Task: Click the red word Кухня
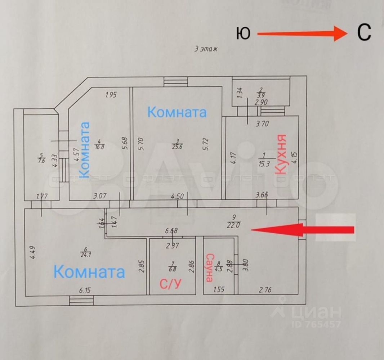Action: pos(281,154)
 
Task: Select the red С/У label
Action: pos(170,284)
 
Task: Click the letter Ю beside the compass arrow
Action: pos(244,34)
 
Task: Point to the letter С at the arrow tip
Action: pos(364,33)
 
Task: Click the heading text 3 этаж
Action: pos(206,49)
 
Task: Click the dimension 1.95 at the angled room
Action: pos(112,95)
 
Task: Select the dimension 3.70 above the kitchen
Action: pos(262,124)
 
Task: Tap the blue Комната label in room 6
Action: pos(89,271)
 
